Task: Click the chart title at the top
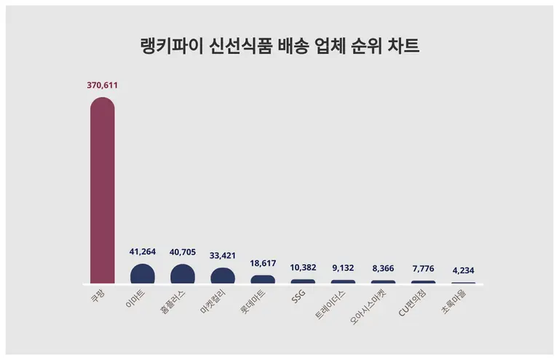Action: pyautogui.click(x=279, y=47)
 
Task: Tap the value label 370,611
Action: pyautogui.click(x=102, y=85)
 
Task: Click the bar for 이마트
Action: pyautogui.click(x=143, y=274)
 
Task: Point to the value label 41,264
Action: pyautogui.click(x=143, y=252)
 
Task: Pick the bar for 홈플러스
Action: pyautogui.click(x=183, y=274)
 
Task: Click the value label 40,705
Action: pyautogui.click(x=183, y=252)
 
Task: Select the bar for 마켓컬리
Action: pyautogui.click(x=223, y=276)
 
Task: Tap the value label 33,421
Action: pyautogui.click(x=223, y=256)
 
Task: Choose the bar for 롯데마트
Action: pyautogui.click(x=263, y=279)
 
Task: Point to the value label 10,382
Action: pyautogui.click(x=303, y=268)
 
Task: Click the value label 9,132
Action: pyautogui.click(x=343, y=269)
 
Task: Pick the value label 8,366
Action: pyautogui.click(x=383, y=269)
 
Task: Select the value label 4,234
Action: pyautogui.click(x=463, y=271)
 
